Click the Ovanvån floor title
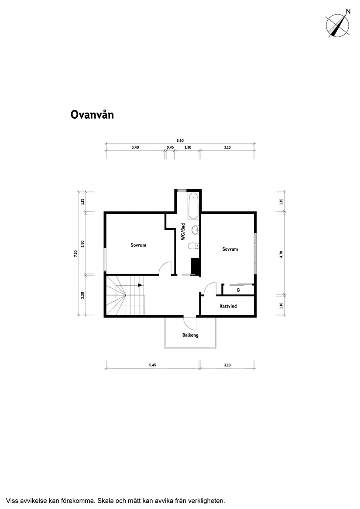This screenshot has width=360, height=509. [92, 115]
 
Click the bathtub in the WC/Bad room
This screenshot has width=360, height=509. [193, 206]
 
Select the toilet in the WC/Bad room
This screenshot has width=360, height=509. [193, 246]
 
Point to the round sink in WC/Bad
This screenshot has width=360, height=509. [195, 230]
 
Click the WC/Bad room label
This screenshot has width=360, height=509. [183, 232]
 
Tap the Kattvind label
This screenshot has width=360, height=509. [228, 306]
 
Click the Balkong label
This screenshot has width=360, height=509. [190, 335]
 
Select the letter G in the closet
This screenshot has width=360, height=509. [238, 290]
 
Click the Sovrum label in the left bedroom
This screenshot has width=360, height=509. [138, 245]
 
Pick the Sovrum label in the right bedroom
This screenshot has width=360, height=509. [230, 249]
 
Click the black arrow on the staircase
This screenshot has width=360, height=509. [141, 285]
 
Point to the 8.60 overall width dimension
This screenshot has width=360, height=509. [180, 140]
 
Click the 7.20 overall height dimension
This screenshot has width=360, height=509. [75, 253]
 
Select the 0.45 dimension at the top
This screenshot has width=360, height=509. [170, 147]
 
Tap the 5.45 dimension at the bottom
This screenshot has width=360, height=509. [153, 365]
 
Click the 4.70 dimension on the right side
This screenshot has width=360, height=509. [281, 254]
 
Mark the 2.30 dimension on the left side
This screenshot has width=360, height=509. [82, 295]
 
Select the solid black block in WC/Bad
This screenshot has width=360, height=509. [195, 266]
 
